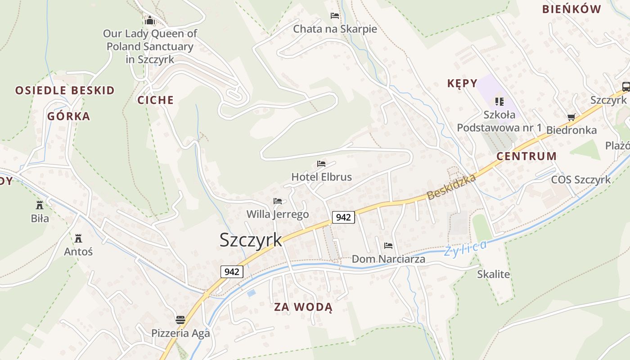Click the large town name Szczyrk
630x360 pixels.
coord(251,240)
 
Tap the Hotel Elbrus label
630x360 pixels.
coord(321,177)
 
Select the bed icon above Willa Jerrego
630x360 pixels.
coord(278,201)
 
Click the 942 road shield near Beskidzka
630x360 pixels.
coord(343,217)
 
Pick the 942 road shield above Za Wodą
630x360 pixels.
coord(232,272)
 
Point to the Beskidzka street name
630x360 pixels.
coord(451,187)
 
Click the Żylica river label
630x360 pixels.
coord(465,248)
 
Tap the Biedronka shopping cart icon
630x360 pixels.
coord(571,117)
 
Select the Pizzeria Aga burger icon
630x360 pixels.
coord(180,320)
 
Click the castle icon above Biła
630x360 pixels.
coord(40,205)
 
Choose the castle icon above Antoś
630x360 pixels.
coord(78,238)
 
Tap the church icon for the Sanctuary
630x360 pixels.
coord(150,20)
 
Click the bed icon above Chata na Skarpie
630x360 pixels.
coord(335,16)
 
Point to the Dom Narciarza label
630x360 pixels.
coord(388,259)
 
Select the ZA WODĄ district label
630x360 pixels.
coord(303,307)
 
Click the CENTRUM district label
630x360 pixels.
coord(526,156)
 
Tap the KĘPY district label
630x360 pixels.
coord(462,83)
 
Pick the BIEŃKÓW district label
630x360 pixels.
coord(571,9)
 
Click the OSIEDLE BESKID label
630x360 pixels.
coord(65,90)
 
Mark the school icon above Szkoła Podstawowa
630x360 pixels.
coord(499,102)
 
